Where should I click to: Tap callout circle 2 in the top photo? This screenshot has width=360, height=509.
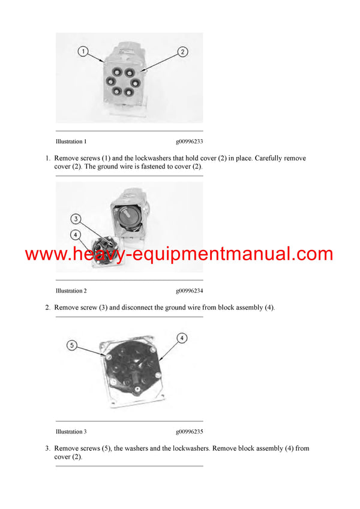(x=182, y=52)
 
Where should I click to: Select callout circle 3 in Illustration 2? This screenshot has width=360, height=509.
(x=76, y=219)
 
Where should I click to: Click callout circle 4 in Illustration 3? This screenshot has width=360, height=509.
(x=182, y=338)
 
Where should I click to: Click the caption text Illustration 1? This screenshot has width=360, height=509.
(x=71, y=141)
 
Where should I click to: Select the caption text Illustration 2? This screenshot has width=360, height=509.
(x=71, y=291)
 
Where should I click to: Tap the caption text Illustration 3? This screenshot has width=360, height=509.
(x=71, y=432)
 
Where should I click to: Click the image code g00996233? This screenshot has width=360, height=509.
(x=189, y=141)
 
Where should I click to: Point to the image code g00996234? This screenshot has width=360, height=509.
(x=189, y=291)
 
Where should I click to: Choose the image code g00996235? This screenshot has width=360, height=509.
(x=189, y=432)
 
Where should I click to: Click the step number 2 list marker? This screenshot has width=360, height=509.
(x=47, y=308)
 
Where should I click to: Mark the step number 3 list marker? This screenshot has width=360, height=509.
(x=47, y=448)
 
